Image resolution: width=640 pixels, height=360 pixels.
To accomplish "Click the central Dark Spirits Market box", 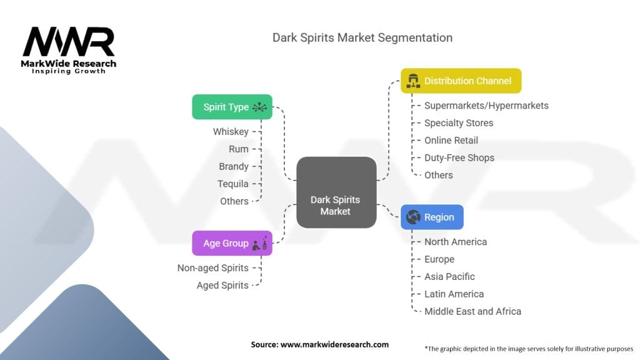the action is pos(336,192).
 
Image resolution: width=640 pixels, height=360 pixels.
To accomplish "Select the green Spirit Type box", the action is pos(232,107).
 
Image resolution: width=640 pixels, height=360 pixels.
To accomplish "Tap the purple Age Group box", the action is pos(232,243).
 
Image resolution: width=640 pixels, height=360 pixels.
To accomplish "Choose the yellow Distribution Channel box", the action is pos(461,81).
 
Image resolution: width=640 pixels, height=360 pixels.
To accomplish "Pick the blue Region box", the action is pos(432,217).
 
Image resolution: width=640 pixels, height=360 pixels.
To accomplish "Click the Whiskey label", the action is pos(231,132).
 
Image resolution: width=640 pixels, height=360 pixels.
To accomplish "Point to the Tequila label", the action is pos(232,184).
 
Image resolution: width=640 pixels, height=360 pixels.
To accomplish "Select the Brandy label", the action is pos(234,166).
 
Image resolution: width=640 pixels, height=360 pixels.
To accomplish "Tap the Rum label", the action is pos(238,149).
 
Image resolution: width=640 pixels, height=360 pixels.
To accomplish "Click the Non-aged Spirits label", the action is pos(212,268).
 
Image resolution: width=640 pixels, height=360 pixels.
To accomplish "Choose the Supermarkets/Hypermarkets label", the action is pos(486,106).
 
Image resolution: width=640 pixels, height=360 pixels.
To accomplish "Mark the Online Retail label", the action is pos(451,141).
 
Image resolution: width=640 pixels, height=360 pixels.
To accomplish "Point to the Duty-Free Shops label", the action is pos(459,158).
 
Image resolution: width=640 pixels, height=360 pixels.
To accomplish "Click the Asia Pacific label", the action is pos(449,277).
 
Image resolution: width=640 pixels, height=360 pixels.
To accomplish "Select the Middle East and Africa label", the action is pos(472,311).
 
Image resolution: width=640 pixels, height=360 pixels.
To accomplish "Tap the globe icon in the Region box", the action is pos(413,217).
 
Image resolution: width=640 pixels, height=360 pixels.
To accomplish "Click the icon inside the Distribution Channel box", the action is pos(413,81).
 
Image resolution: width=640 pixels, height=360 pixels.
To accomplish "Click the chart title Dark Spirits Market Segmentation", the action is pos(362,38).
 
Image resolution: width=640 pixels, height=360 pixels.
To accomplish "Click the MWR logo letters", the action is pos(69,42).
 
